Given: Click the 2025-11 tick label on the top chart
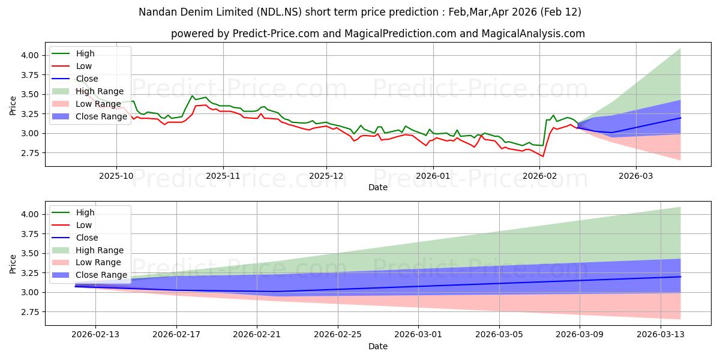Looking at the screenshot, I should click(x=223, y=176).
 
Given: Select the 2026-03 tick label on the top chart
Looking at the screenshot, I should click(x=635, y=176).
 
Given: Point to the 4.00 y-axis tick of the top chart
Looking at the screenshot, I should click(x=29, y=55).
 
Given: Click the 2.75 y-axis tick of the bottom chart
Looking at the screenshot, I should click(x=29, y=312).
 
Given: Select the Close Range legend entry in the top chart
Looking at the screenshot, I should click(x=101, y=116).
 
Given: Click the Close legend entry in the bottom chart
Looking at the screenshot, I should click(x=87, y=238).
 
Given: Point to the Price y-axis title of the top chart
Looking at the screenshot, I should click(x=13, y=106).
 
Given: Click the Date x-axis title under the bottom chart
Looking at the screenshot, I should click(x=378, y=346).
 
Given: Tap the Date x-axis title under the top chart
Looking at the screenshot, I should click(x=378, y=187).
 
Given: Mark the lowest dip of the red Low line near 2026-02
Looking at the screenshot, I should click(x=543, y=157).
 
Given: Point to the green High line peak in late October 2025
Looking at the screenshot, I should click(x=193, y=96).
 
